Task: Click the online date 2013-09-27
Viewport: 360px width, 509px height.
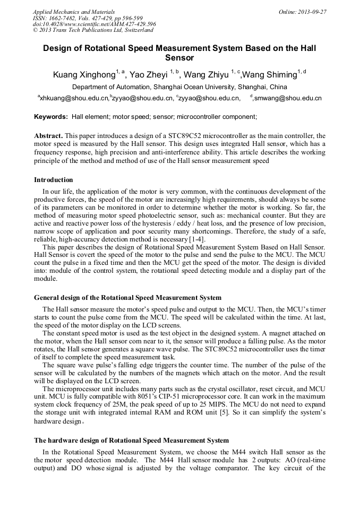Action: [313, 12]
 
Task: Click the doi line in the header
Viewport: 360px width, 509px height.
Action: [95, 24]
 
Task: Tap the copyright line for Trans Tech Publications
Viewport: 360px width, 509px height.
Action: [93, 30]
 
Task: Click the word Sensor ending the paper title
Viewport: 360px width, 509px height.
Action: [179, 58]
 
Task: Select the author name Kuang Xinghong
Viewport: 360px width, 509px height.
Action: [84, 75]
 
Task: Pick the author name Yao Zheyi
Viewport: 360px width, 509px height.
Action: [150, 75]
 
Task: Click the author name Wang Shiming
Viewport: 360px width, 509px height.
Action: [270, 75]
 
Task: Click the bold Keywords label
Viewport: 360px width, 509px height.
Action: [50, 116]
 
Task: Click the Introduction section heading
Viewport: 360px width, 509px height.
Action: [54, 180]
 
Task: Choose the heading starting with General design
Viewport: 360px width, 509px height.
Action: [127, 298]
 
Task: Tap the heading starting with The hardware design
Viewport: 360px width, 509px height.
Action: [131, 441]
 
